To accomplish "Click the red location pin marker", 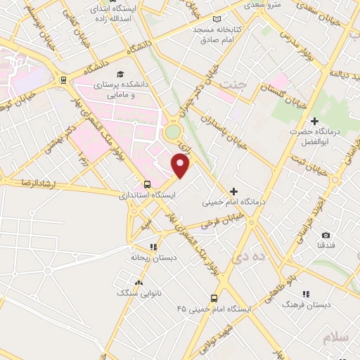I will coord(181,166).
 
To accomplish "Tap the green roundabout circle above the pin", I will coord(172,131).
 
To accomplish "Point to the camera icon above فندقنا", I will coord(326,235).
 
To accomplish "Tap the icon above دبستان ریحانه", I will coord(153,247).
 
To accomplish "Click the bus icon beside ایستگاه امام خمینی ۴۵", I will coord(215,298).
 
